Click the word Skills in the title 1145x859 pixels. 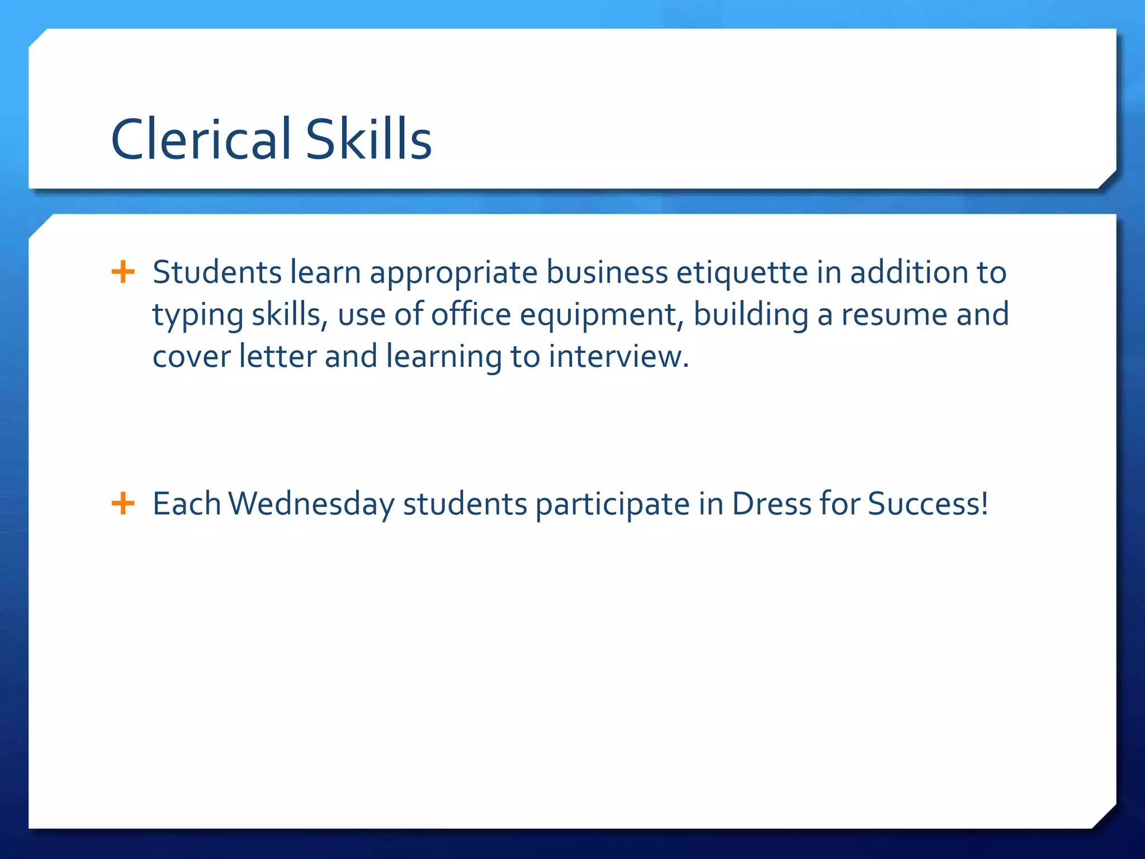coord(368,139)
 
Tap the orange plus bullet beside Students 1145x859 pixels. coord(123,272)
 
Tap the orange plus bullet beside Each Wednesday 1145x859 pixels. coord(123,503)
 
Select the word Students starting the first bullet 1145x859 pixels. coord(217,272)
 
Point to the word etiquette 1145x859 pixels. coord(742,272)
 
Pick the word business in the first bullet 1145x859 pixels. coord(607,272)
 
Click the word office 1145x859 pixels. coord(471,314)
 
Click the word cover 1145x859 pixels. coord(191,357)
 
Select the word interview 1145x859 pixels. coord(618,357)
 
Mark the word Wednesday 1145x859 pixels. coord(311,504)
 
